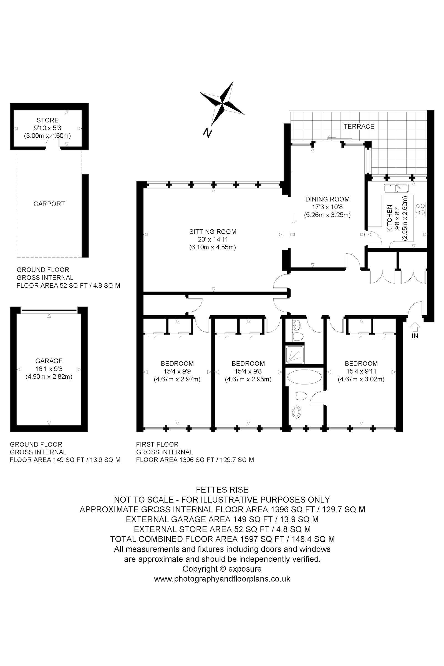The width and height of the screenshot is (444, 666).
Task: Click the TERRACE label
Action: [x=359, y=126]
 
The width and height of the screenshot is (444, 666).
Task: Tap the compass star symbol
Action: [x=222, y=103]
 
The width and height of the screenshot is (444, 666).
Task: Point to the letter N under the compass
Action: [x=208, y=133]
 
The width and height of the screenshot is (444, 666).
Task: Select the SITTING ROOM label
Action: [x=213, y=232]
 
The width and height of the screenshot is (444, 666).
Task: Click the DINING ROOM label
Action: [x=327, y=199]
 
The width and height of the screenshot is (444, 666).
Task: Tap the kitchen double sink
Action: [x=396, y=188]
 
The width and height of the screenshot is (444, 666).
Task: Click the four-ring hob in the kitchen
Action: [x=420, y=209]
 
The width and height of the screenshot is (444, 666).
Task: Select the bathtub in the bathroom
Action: [x=304, y=377]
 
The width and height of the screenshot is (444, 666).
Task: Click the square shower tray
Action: [x=295, y=355]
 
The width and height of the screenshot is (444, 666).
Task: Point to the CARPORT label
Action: [x=49, y=204]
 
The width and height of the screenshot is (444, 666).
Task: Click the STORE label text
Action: [x=47, y=120]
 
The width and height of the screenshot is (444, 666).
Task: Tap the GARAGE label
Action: [x=49, y=361]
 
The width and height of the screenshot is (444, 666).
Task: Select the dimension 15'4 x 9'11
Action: [x=361, y=371]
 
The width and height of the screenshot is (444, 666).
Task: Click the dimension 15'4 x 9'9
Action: [x=177, y=371]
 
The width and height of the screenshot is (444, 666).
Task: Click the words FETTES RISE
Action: [x=222, y=490]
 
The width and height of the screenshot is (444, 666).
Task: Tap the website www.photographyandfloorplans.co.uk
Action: [x=222, y=579]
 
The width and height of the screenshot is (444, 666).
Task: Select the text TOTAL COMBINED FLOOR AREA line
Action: [x=222, y=539]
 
